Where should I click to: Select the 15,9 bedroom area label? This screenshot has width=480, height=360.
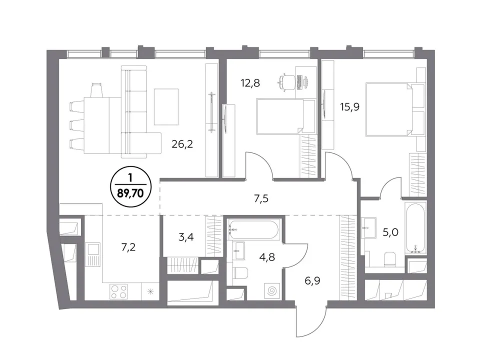pyautogui.click(x=349, y=107)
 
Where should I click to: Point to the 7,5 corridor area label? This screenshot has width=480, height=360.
pyautogui.click(x=261, y=198)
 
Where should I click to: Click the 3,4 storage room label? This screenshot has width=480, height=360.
pyautogui.click(x=186, y=237)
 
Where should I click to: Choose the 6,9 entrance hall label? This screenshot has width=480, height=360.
pyautogui.click(x=312, y=280)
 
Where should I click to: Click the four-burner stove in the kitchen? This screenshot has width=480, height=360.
pyautogui.click(x=119, y=291)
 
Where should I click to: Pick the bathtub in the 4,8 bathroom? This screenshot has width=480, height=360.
pyautogui.click(x=254, y=229)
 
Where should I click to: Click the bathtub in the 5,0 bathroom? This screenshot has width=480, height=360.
pyautogui.click(x=415, y=228)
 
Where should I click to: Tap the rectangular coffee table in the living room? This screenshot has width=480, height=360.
pyautogui.click(x=166, y=106)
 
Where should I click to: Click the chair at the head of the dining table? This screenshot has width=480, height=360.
pyautogui.click(x=96, y=90)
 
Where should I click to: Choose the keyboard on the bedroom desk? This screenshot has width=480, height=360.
pyautogui.click(x=299, y=82)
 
